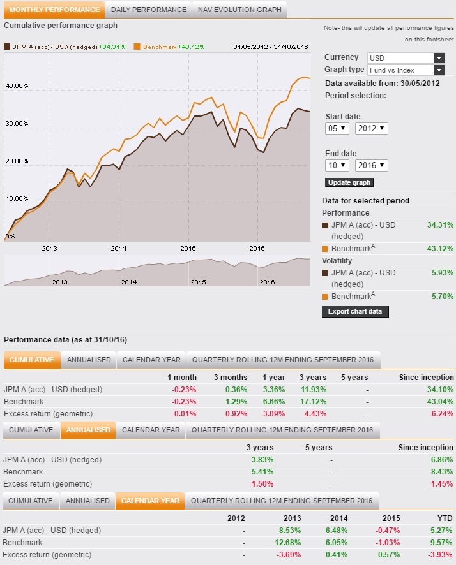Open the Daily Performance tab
coord(148,10)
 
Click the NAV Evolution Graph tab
coord(239,10)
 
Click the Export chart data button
coord(355,312)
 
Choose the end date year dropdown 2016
coord(372,165)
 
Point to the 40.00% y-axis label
coord(17,85)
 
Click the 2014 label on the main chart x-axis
coord(118,248)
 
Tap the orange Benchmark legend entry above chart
coord(160,47)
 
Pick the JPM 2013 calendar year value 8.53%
coord(288,530)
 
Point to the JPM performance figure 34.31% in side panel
coord(440,224)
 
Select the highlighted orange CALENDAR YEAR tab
coord(150,501)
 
